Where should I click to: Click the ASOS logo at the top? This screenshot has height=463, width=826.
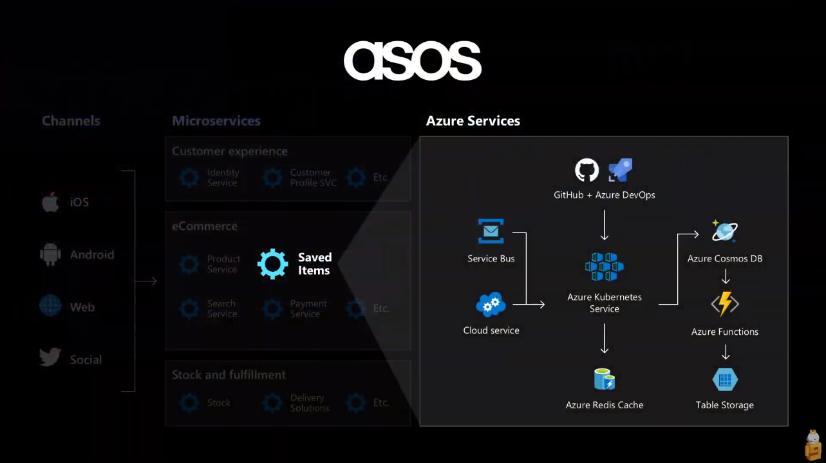click(x=412, y=61)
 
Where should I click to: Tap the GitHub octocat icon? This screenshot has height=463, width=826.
click(x=587, y=171)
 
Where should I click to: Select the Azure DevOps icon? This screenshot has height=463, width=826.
click(x=621, y=170)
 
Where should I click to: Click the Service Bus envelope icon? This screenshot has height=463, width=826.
click(x=491, y=231)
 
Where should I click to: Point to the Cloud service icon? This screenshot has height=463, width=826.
click(x=491, y=305)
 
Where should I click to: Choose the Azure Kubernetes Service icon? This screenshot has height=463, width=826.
click(x=604, y=267)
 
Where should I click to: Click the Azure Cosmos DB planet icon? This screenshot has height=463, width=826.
click(x=725, y=231)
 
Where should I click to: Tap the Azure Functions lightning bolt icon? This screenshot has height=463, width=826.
click(x=725, y=304)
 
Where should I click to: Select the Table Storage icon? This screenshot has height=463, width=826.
click(x=725, y=379)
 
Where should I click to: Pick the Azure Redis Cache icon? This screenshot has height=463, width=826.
click(x=604, y=379)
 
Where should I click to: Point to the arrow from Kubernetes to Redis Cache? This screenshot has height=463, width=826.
click(x=604, y=339)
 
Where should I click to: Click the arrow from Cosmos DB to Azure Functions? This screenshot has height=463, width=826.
click(x=725, y=277)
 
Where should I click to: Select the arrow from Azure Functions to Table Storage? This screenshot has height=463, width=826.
click(x=725, y=352)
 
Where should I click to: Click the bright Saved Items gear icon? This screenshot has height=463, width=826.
click(x=273, y=263)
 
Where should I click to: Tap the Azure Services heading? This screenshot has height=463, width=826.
click(x=473, y=121)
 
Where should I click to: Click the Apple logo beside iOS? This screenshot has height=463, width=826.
click(x=50, y=202)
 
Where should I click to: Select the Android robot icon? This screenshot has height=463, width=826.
click(x=50, y=254)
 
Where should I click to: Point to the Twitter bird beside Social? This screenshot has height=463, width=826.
click(x=50, y=358)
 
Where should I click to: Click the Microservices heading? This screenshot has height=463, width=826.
click(x=216, y=121)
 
